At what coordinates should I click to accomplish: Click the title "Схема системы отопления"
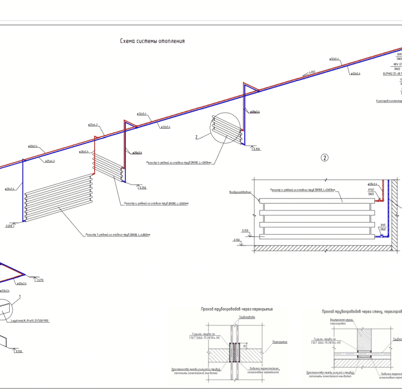[x=152, y=41]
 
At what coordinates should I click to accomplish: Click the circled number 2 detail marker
[x=324, y=158]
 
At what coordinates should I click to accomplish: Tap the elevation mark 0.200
[x=9, y=226]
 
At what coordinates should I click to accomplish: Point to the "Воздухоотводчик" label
[x=240, y=192]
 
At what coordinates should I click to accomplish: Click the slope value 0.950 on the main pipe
[x=312, y=72]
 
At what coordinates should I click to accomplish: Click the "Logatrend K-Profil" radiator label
[x=30, y=321]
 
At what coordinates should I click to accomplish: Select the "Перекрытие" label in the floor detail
[x=280, y=342]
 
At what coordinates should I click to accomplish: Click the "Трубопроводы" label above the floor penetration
[x=246, y=317]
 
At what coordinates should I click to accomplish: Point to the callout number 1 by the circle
[x=20, y=297]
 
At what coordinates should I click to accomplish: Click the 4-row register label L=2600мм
[x=179, y=163]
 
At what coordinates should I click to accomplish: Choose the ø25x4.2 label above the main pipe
[x=93, y=125]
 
